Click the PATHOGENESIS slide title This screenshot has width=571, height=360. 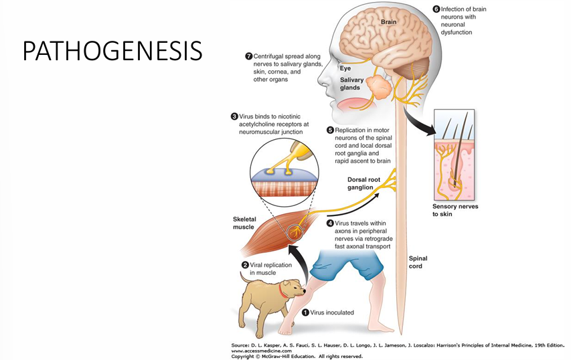point(112,50)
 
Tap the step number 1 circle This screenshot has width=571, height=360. point(306,312)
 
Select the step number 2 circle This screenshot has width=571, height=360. point(245,265)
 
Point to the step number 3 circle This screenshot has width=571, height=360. point(234,116)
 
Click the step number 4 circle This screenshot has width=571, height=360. point(331,223)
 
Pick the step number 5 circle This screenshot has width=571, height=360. point(330,130)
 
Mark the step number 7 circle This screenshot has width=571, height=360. point(248,56)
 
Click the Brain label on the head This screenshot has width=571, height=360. point(389,22)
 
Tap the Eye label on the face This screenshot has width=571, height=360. point(345,68)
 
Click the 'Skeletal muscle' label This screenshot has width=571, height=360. point(249,223)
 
